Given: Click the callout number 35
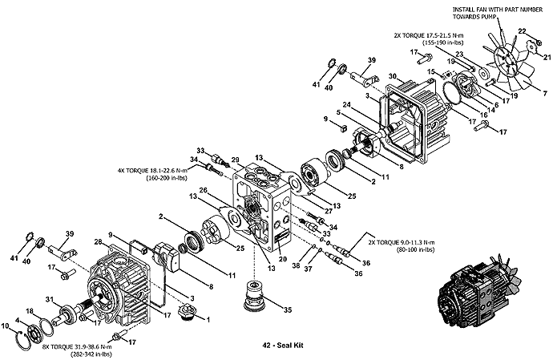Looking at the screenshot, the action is pos(288,309).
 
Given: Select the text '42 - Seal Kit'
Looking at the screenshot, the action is pos(283,346).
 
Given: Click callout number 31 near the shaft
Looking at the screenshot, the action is pos(50,299).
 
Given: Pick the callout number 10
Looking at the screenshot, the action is pos(6,326).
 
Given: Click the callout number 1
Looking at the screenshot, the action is pos(208,320).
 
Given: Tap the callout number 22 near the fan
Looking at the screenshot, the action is pos(523,31).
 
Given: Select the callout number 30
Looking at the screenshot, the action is pos(393,76).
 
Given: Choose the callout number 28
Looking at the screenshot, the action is pos(99,242).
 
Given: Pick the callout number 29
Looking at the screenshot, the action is pos(236,160).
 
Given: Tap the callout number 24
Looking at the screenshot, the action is pos(347,104).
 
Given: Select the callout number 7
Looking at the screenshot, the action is pos(546,94).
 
